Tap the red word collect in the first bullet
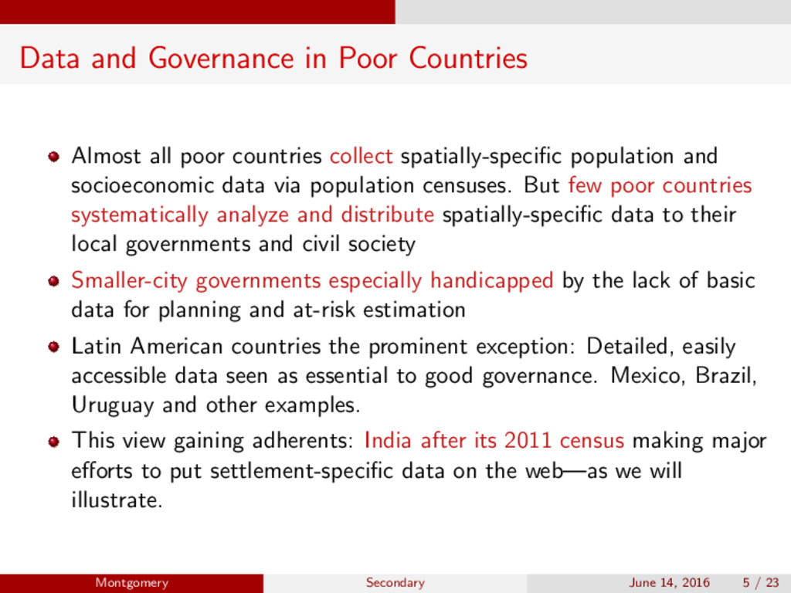pos(361,156)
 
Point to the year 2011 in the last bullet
pos(528,441)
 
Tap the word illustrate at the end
pos(117,500)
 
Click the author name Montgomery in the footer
pos(131,583)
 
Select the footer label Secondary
pos(395,583)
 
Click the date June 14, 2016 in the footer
pos(669,583)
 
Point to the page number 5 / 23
pos(760,583)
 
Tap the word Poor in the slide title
pos(367,58)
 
